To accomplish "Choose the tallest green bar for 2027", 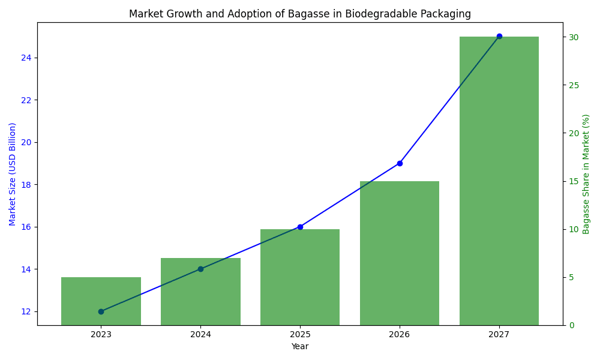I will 499,180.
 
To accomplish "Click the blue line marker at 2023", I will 101,311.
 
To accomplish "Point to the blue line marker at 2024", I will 200,269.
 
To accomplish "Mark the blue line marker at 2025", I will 300,227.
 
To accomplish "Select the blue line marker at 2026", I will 400,163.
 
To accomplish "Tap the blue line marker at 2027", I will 499,36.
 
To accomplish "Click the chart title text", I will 300,14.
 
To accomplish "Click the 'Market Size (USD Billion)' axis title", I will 13,174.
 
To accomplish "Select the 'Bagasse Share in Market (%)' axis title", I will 586,174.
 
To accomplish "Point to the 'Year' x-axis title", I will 300,346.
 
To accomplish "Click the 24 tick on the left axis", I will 26,58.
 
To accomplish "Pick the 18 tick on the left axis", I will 26,184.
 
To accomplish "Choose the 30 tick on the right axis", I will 574,37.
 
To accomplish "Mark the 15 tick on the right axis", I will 574,181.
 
